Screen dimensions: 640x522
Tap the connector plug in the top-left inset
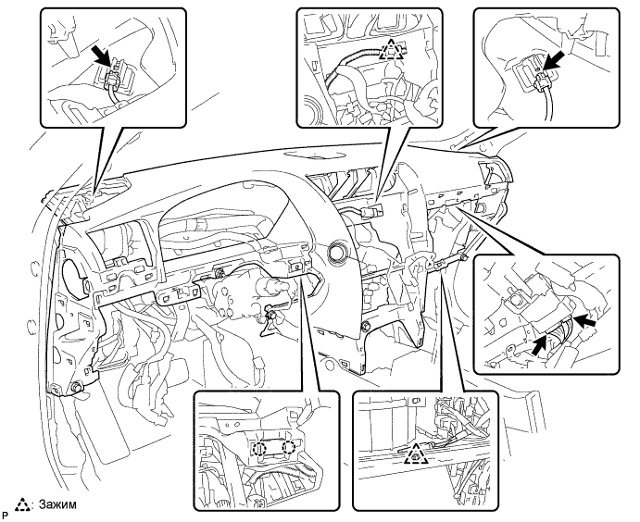[x=110, y=78]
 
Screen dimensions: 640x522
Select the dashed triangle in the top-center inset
[x=391, y=49]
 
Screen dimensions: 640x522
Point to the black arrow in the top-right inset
[x=555, y=60]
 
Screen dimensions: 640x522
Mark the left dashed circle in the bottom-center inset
[x=258, y=449]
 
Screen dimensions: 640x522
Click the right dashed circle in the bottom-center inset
[x=289, y=448]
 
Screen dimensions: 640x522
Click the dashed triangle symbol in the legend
[x=23, y=504]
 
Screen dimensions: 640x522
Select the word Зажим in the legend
[x=57, y=504]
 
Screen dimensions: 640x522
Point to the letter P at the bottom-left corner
[x=5, y=515]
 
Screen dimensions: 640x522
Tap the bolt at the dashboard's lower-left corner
[x=76, y=387]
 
